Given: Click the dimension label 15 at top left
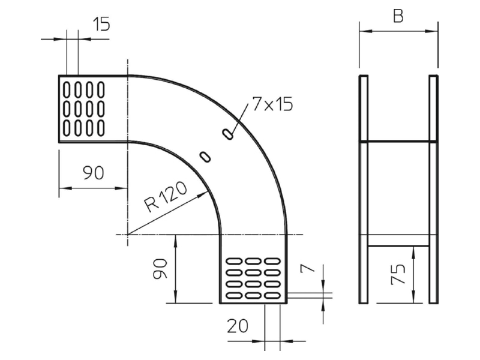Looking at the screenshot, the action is pos(101,24).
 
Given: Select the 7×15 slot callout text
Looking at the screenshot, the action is pos(272,104).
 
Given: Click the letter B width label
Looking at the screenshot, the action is pos(398,16).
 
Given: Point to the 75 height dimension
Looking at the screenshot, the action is pos(398,274).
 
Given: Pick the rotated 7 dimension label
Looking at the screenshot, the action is pos(308,268).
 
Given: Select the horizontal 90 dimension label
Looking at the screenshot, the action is pos(94,173).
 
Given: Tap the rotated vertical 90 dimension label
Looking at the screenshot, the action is pos(160,268).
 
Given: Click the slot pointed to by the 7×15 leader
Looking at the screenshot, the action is pos(227,134).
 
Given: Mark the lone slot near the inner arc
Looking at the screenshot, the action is pos(205,157).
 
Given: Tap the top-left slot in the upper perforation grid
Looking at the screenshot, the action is pos(67,89).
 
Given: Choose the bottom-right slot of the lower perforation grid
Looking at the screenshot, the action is pos(272,296).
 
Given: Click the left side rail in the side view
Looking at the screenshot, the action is pos(364,189).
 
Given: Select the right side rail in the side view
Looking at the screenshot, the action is pos(433,189).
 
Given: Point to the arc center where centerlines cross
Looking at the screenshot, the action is pos(127,235).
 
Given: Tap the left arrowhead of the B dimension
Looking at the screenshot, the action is pos(365,31).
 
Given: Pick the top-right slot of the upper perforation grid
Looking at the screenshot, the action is pos(101,89).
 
